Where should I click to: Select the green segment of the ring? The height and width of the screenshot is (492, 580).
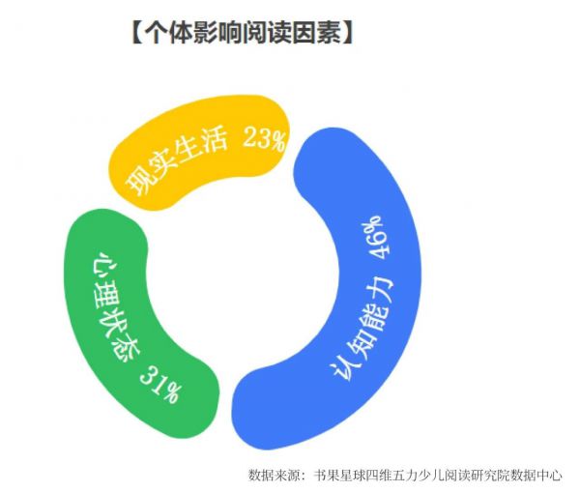122,333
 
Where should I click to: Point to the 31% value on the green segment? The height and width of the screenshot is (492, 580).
160,386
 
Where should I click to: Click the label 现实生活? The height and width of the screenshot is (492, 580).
176,162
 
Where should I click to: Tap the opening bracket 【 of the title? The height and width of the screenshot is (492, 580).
137,33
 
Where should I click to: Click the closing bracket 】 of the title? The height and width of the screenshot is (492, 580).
347,33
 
